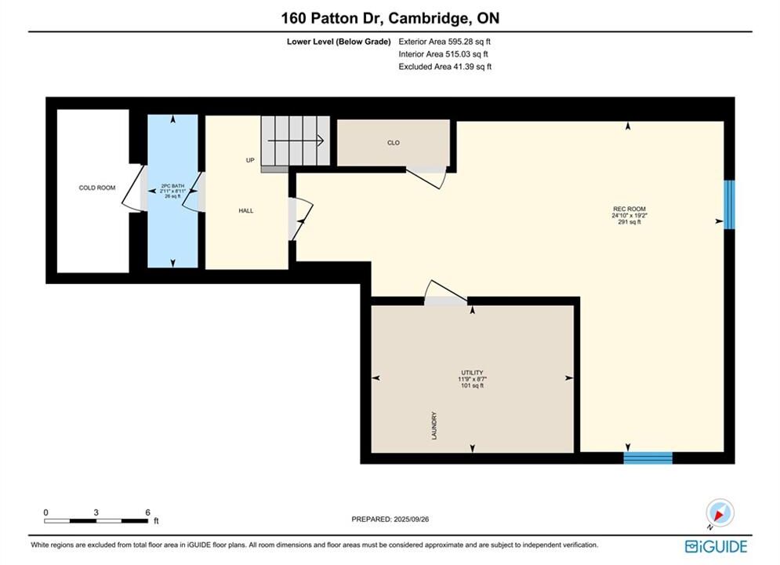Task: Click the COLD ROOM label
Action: (97, 188)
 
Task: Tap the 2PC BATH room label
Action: (172, 186)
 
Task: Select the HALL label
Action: (245, 210)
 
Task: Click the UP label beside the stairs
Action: (250, 160)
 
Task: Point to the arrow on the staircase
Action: (296, 141)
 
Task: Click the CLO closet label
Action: (394, 143)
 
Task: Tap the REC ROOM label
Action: (629, 209)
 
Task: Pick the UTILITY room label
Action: (472, 373)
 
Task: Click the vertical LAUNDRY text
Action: (434, 425)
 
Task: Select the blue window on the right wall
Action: (729, 205)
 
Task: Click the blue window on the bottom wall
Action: (648, 458)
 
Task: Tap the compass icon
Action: (720, 512)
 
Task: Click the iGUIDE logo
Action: (716, 547)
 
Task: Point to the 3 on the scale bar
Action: (96, 512)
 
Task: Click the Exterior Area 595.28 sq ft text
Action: (444, 42)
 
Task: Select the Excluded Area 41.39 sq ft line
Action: (444, 67)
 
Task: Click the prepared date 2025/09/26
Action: (411, 519)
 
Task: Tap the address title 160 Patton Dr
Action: (332, 18)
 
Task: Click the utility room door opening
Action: (445, 301)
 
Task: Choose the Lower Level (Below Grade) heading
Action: (339, 42)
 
